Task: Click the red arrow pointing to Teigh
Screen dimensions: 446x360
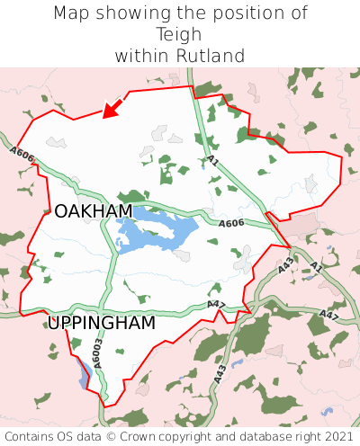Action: tap(112, 108)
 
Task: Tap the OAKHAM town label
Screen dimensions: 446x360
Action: tap(93, 211)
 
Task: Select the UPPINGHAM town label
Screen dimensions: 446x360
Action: tap(101, 323)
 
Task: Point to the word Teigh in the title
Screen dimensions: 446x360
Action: tap(180, 34)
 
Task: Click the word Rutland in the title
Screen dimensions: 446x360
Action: tap(209, 56)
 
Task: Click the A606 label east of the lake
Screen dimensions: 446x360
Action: tap(231, 223)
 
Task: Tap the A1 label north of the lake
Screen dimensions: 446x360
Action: tap(212, 160)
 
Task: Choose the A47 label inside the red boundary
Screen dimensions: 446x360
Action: tap(216, 305)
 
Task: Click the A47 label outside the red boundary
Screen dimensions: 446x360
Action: tap(328, 316)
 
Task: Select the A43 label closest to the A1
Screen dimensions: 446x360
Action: tap(284, 265)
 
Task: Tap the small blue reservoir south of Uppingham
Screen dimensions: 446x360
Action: tap(83, 372)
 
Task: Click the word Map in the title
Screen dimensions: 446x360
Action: tap(71, 13)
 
